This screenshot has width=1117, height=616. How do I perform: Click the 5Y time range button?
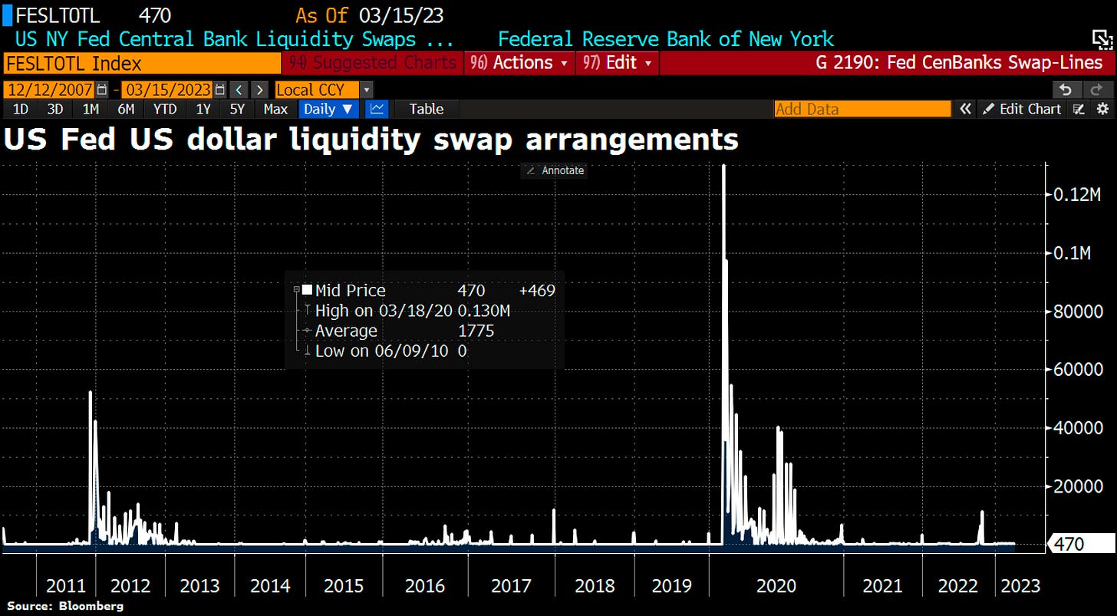(238, 109)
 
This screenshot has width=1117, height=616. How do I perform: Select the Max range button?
(275, 109)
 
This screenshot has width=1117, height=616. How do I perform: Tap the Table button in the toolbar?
(426, 109)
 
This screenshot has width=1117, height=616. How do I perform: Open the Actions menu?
(520, 63)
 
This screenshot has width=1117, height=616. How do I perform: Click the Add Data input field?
(862, 109)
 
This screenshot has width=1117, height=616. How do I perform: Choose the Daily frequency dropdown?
(328, 109)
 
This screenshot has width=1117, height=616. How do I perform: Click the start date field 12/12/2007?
(50, 90)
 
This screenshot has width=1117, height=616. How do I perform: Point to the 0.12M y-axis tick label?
(1072, 195)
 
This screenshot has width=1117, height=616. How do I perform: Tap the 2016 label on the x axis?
(425, 586)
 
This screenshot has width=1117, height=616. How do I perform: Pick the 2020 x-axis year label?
(776, 586)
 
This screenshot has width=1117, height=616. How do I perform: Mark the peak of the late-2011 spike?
(91, 392)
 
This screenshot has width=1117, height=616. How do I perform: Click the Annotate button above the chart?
(554, 170)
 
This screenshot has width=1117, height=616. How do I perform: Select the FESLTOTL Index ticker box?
(142, 63)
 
